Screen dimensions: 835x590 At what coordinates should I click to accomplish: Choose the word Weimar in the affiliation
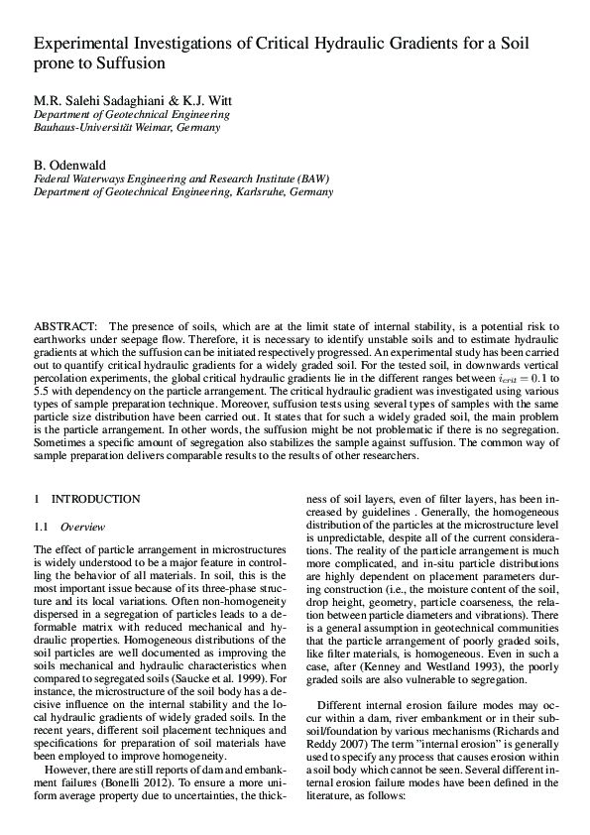154,128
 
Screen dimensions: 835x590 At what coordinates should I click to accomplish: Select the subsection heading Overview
82,526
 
